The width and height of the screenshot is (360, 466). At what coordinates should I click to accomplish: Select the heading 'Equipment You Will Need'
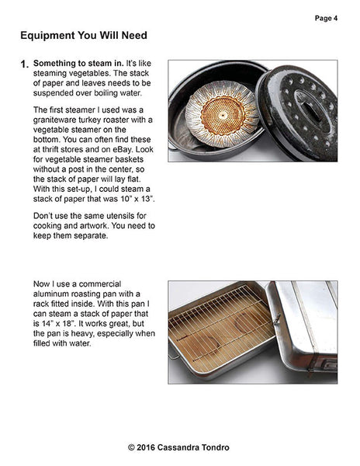(83, 36)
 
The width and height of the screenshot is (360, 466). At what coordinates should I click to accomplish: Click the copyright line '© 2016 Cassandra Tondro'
(180, 447)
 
